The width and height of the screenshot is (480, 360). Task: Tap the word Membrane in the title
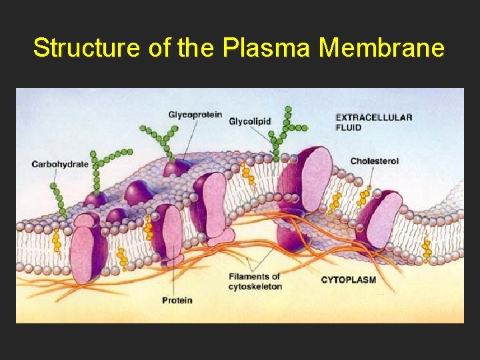pos(381,48)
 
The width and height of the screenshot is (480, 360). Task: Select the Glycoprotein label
pos(195,115)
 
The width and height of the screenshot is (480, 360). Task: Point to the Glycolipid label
pos(250,121)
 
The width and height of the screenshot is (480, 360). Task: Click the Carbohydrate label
pos(60,164)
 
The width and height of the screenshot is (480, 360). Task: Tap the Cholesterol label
pos(375,161)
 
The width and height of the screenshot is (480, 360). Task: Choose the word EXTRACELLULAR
pos(374,117)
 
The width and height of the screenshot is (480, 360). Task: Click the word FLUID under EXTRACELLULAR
pos(349,127)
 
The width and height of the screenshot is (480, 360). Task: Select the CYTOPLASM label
pos(349,279)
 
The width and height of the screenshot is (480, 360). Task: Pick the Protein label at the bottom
pos(177,300)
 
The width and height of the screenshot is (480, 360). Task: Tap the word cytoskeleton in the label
pos(255,287)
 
